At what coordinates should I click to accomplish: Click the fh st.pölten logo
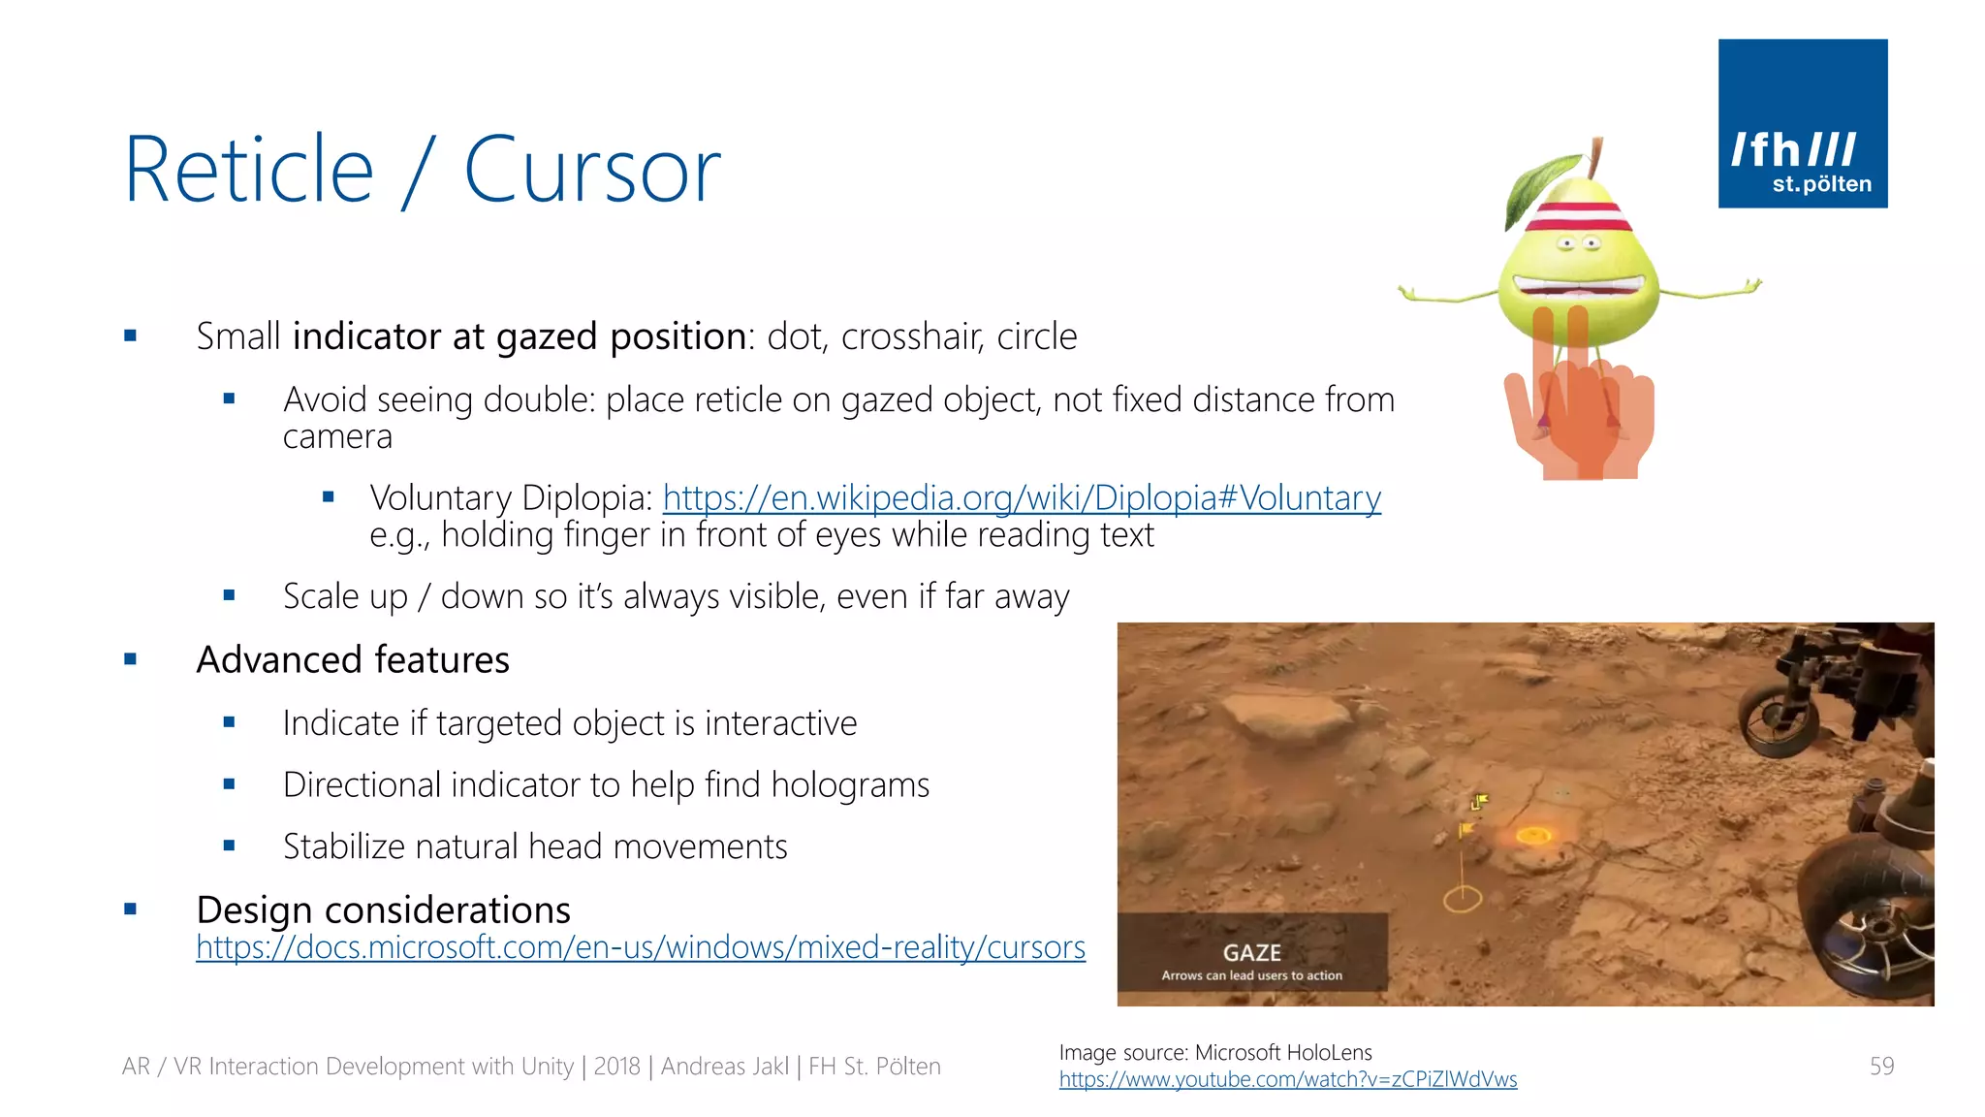[1802, 123]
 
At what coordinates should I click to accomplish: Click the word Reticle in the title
[249, 171]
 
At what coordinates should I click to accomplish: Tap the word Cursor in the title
[591, 171]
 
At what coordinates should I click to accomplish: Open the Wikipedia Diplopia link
[1022, 497]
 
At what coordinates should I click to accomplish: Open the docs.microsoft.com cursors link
[640, 946]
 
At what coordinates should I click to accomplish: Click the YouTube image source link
[1287, 1079]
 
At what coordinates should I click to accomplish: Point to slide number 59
[1881, 1067]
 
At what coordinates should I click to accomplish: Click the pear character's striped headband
[1578, 216]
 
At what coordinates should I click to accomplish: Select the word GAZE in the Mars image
[1251, 952]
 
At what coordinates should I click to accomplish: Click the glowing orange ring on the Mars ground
[1533, 835]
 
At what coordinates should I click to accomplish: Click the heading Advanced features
[353, 660]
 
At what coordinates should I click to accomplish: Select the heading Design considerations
[383, 910]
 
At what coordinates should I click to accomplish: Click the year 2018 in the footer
[616, 1067]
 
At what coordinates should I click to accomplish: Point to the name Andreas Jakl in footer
[724, 1067]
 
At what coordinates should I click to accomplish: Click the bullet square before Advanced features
[131, 660]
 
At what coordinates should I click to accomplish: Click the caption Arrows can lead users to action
[1251, 975]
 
